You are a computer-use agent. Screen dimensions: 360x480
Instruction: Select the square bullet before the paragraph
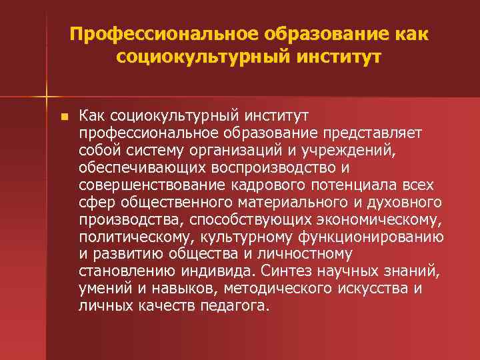point(63,117)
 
